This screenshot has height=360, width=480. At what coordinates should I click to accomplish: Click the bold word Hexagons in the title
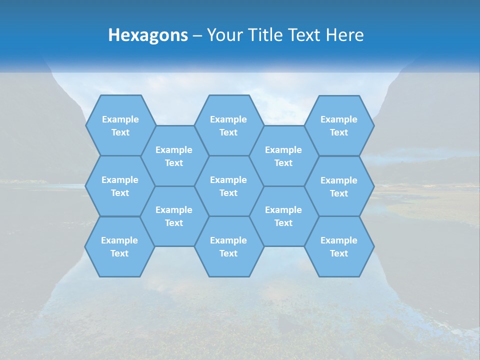[148, 35]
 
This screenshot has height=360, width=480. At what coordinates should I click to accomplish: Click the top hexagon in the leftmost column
[120, 125]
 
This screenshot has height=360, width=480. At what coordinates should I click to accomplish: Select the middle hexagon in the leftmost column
[120, 186]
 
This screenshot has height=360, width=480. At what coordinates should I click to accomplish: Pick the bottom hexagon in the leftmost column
[119, 246]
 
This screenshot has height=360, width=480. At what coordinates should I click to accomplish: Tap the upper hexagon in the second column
[174, 156]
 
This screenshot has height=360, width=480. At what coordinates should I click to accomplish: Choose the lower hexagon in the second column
[174, 216]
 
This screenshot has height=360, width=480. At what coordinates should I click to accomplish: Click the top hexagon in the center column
[228, 125]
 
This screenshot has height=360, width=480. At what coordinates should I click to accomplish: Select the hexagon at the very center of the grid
[228, 186]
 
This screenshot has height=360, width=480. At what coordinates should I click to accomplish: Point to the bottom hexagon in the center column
[228, 246]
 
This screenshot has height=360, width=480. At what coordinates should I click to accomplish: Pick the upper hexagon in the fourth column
[283, 156]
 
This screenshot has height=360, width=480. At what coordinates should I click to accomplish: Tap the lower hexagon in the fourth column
[283, 216]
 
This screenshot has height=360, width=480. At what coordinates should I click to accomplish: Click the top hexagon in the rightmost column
[339, 125]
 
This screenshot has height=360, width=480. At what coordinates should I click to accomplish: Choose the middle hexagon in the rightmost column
[339, 186]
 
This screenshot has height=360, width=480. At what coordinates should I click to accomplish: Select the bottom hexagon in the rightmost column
[339, 246]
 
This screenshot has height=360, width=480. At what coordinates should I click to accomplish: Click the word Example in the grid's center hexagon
[228, 180]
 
